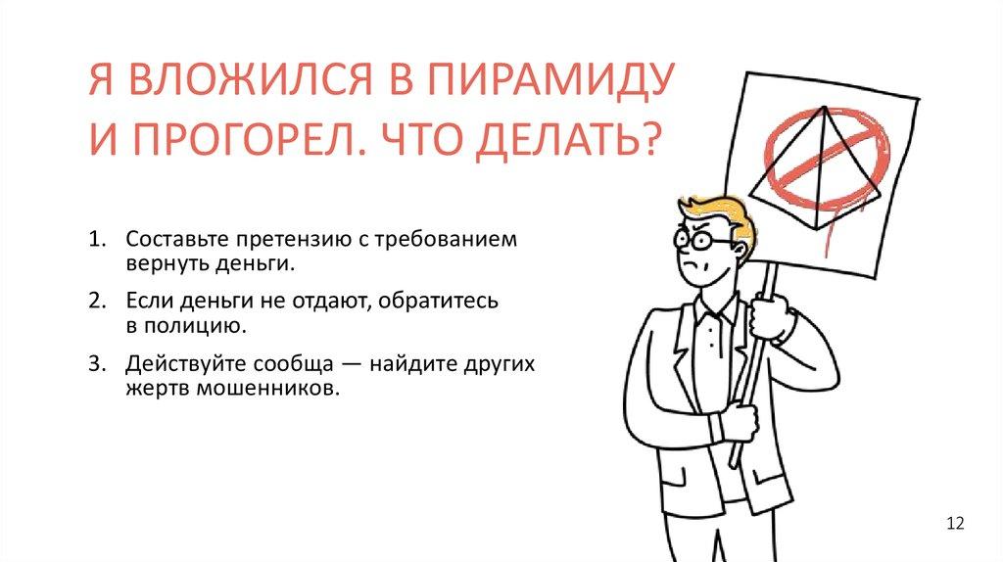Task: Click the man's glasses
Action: [x=702, y=238]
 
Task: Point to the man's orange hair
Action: [x=720, y=209]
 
